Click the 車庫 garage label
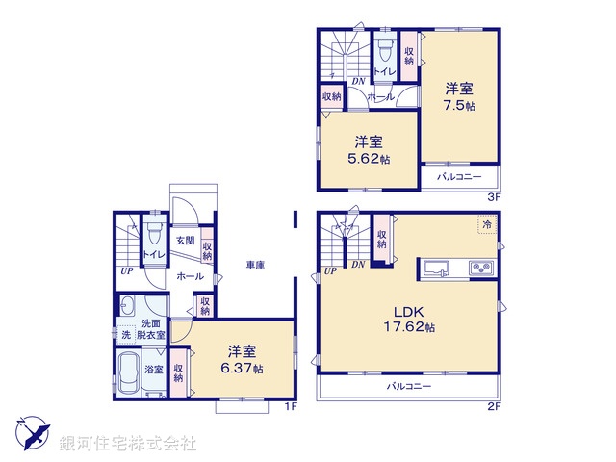coord(255,265)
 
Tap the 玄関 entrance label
coord(184,241)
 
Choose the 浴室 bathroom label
coord(153,369)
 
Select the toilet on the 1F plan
coord(153,237)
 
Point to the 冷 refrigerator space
coord(488,224)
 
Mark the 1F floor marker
coord(287,407)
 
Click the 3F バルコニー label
coord(459,177)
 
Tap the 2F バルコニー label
coord(409,386)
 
